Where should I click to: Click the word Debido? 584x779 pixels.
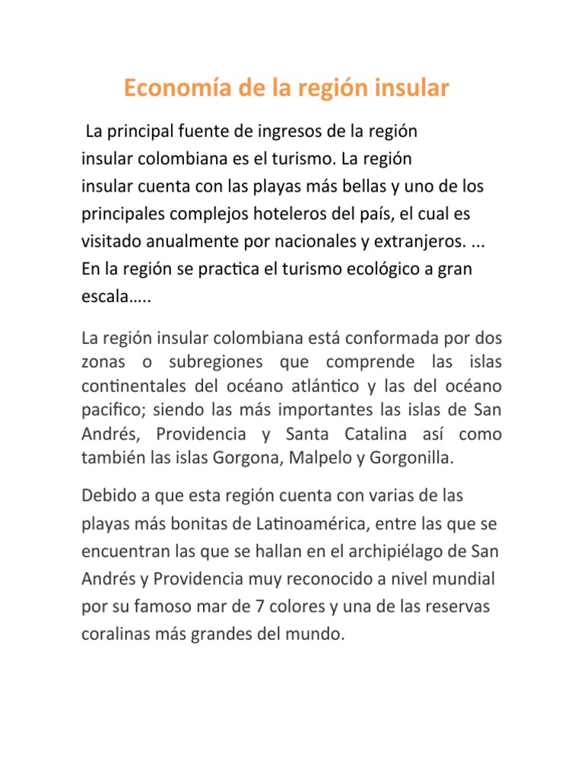coord(106,496)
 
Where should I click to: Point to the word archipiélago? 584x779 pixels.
coord(407,551)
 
